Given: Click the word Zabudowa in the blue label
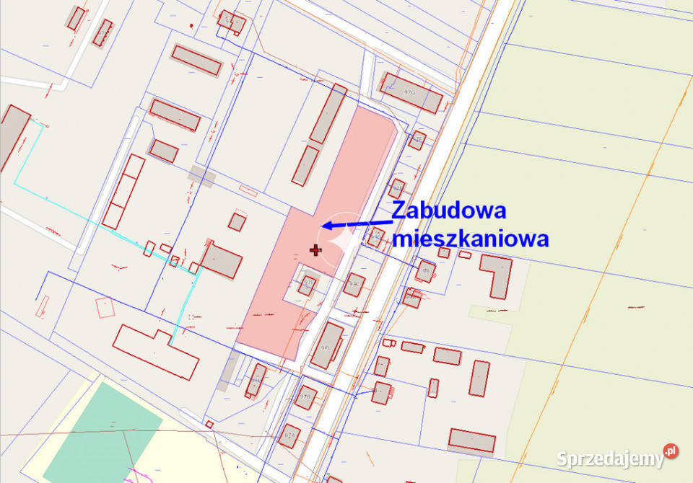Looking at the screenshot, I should click(448, 211).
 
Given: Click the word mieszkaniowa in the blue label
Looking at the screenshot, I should click(470, 239).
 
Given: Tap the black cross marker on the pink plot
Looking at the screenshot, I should click(315, 250).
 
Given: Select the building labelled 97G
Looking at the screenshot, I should click(411, 92).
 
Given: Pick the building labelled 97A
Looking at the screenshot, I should click(290, 435).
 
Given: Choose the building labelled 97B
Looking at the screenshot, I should click(306, 396).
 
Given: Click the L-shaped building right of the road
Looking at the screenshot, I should click(497, 275).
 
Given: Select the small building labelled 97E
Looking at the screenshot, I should click(417, 140).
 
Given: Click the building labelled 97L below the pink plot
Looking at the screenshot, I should click(328, 346).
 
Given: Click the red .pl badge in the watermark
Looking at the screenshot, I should click(671, 451).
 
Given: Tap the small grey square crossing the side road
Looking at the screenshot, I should click(201, 177).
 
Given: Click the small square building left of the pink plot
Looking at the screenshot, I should click(237, 221).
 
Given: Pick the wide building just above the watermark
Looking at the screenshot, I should click(471, 440).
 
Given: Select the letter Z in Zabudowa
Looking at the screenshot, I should click(399, 211).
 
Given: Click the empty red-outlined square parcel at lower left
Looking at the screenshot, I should click(105, 308).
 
